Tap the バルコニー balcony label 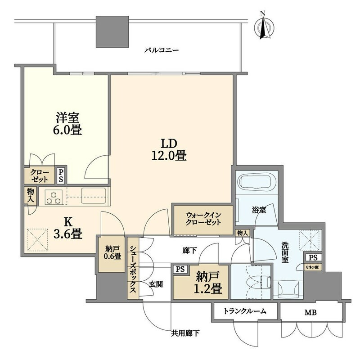click(162, 50)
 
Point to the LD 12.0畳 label click(169, 150)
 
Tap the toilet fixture click(258, 283)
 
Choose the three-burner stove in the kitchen click(53, 197)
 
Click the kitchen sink click(94, 196)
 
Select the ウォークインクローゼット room click(203, 220)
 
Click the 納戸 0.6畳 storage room click(112, 254)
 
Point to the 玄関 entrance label click(156, 284)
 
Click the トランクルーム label click(245, 311)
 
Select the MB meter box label click(310, 312)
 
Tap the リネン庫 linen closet click(313, 267)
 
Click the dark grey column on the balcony click(112, 31)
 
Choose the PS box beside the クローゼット click(61, 175)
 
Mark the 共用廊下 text click(185, 333)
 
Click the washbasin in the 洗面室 click(288, 289)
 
